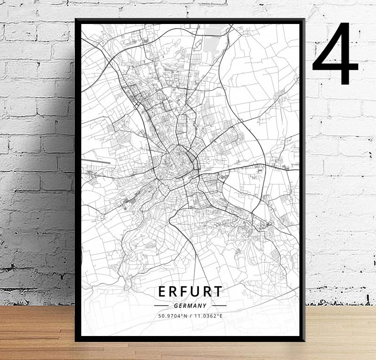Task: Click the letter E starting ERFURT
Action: [x=162, y=292]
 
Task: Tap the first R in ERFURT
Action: [x=173, y=292]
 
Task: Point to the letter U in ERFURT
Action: [x=196, y=292]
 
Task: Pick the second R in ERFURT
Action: [x=207, y=292]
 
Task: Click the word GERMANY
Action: [x=190, y=306]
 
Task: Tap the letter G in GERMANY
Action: [x=175, y=306]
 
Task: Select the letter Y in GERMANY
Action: [x=205, y=306]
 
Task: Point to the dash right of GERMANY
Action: [x=219, y=306]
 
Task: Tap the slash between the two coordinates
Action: [x=190, y=316]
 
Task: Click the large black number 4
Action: [x=336, y=54]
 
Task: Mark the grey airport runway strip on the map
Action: [x=96, y=162]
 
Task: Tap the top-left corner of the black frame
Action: [x=77, y=20]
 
